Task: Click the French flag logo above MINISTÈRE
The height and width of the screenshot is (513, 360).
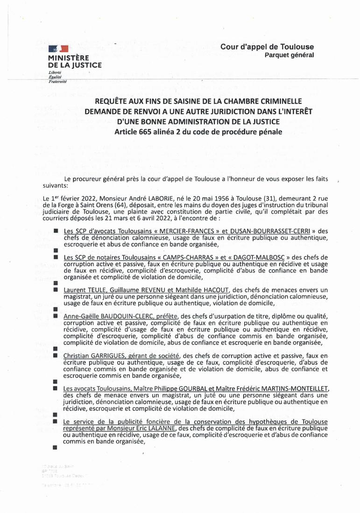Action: click(x=58, y=48)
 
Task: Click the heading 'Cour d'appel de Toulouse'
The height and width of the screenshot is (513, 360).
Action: click(x=267, y=47)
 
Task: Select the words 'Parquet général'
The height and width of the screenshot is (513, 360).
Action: click(x=289, y=55)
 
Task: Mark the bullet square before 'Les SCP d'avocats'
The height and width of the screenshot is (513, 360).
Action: click(x=56, y=231)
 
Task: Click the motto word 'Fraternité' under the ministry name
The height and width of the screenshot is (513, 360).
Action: click(x=58, y=81)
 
